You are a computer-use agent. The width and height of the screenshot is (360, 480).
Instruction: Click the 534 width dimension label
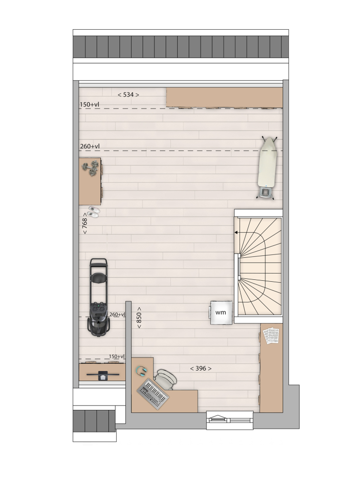(x=128, y=95)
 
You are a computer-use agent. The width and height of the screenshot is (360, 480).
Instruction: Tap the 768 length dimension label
(x=85, y=224)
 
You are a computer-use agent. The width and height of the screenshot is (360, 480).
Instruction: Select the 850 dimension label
(x=139, y=318)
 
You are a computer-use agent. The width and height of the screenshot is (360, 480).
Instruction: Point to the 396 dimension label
(x=201, y=368)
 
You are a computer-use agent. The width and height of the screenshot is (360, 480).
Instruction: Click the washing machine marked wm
(x=221, y=312)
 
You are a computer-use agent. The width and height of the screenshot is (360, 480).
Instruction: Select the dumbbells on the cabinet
(x=90, y=168)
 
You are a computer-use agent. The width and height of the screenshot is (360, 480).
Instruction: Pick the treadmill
(x=99, y=297)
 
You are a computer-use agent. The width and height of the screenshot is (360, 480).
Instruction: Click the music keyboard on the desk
(x=153, y=394)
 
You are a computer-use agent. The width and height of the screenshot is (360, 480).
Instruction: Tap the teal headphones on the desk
(x=142, y=371)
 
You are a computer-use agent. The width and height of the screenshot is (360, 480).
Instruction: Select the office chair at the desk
(x=166, y=379)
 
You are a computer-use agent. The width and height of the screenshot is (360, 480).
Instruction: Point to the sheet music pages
(x=271, y=335)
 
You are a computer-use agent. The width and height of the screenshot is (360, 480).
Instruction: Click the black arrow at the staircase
(x=237, y=233)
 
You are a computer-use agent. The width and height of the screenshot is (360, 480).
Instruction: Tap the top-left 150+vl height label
(x=89, y=105)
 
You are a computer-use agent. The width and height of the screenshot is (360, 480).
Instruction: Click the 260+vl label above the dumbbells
(x=90, y=146)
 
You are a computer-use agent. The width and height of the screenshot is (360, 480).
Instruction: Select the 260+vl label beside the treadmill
(x=117, y=314)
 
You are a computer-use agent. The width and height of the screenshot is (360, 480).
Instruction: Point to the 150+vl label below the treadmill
(x=117, y=356)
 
